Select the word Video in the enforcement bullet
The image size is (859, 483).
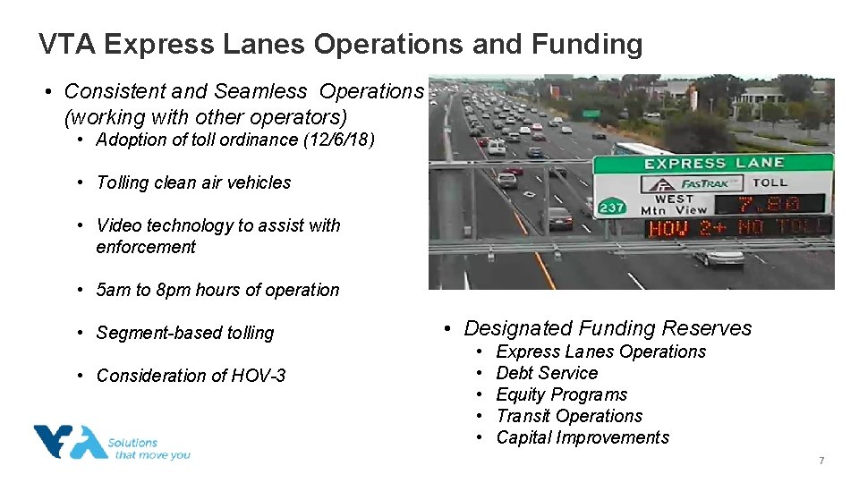pos(120,225)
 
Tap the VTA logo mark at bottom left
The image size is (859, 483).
pos(70,442)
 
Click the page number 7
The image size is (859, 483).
pos(821,461)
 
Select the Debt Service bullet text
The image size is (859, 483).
pos(547,373)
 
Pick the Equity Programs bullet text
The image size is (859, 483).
pos(561,394)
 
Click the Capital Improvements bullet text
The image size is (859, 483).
pos(583,437)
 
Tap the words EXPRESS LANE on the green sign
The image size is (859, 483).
pos(714,164)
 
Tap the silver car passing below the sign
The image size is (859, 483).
pos(719,257)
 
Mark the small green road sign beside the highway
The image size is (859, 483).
pos(591,114)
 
